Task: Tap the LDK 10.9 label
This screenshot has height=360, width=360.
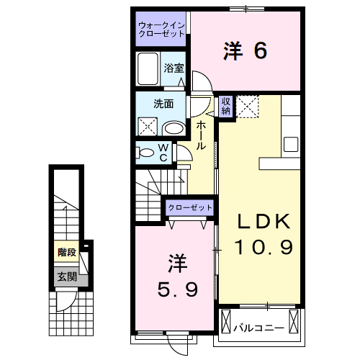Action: tap(263, 234)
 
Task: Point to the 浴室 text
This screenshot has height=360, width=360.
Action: tap(174, 69)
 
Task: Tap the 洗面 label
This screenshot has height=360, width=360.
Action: tap(163, 103)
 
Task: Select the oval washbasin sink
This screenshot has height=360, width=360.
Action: tap(174, 128)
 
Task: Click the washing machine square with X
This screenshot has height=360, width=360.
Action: tap(150, 127)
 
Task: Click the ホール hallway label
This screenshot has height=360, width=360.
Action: tap(202, 135)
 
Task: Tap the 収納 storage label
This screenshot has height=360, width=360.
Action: tap(226, 106)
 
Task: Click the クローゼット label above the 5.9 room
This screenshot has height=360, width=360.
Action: tap(190, 207)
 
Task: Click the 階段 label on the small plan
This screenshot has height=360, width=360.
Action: tap(67, 252)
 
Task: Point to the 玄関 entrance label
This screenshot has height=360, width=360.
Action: tap(67, 276)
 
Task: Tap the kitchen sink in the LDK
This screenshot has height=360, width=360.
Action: tap(292, 143)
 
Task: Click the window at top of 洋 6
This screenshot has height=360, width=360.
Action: tap(245, 9)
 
